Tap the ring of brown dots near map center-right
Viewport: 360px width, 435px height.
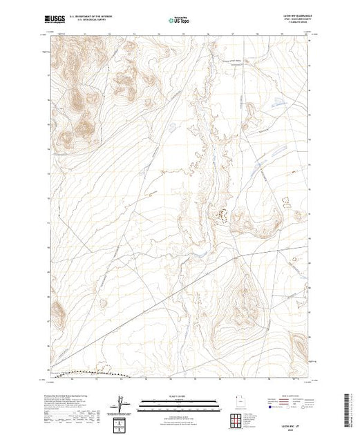click(x=222, y=215)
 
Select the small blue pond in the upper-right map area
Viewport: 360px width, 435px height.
click(x=276, y=104)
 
